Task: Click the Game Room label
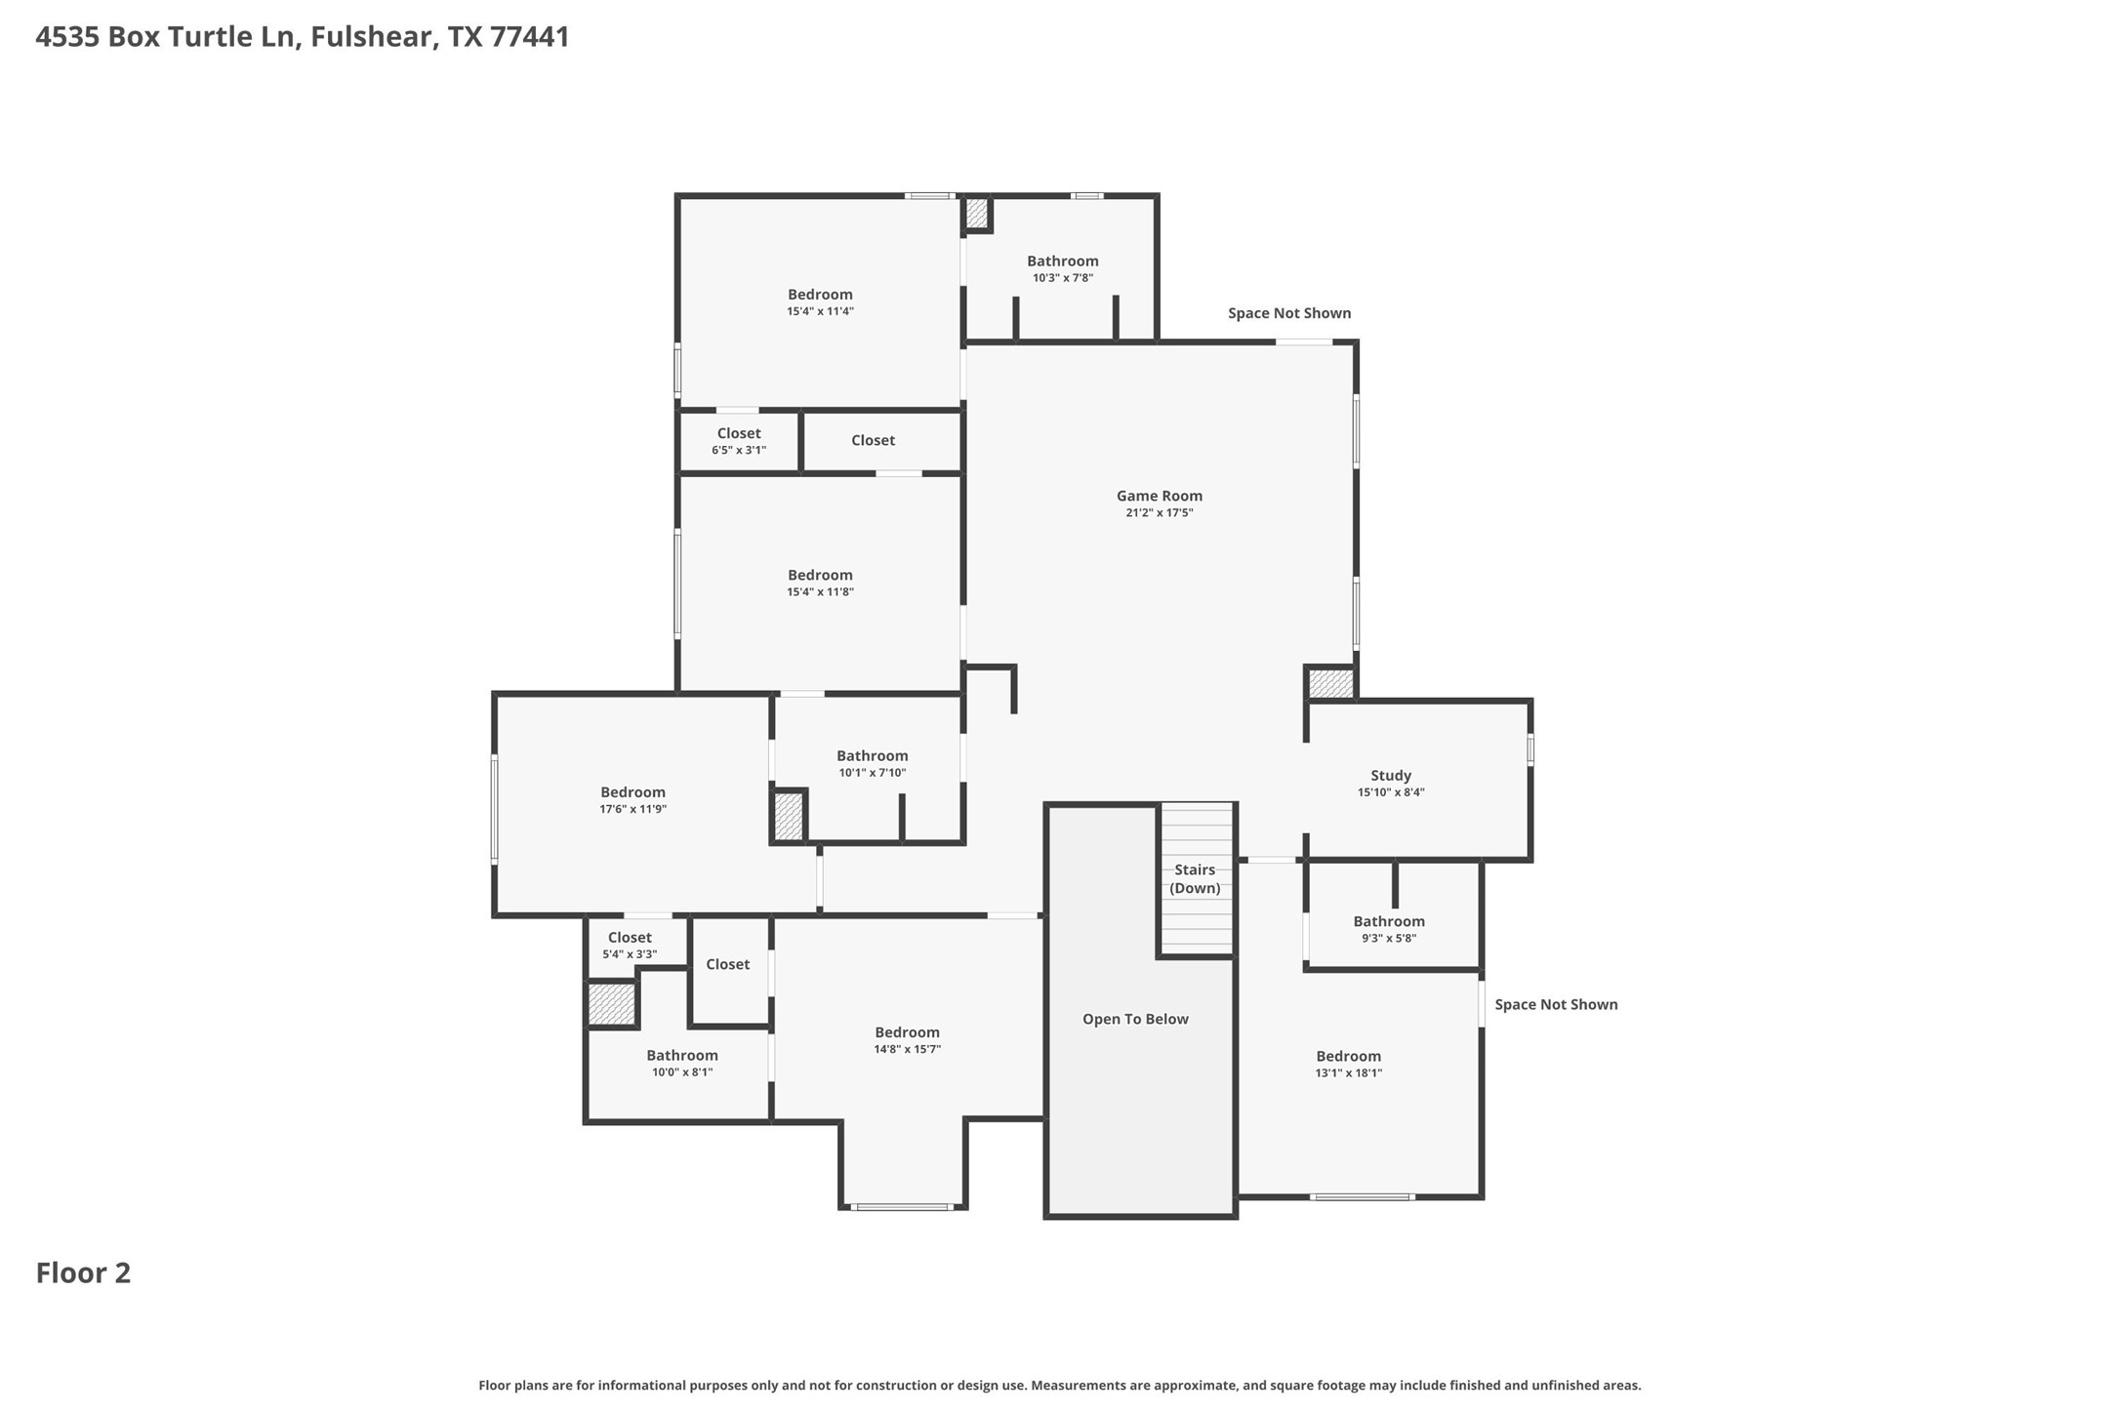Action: (x=1159, y=496)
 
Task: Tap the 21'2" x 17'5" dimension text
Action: (x=1159, y=512)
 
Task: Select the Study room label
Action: (x=1390, y=776)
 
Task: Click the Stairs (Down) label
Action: (x=1195, y=878)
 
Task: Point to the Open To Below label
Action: (x=1135, y=1019)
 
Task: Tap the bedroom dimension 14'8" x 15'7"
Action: (x=907, y=1049)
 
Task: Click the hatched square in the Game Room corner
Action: (x=1330, y=683)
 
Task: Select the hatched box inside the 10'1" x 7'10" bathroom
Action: (x=788, y=816)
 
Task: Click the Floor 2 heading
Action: (x=83, y=1272)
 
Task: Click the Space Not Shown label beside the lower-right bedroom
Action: (x=1555, y=1004)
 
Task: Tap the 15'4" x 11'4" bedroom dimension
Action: (x=820, y=311)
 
